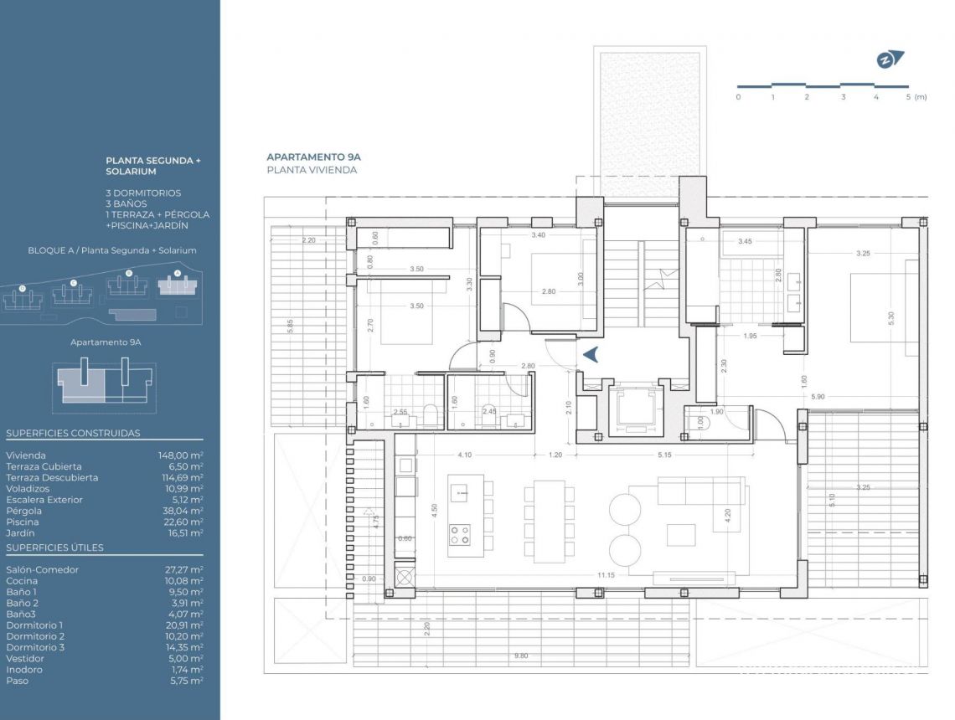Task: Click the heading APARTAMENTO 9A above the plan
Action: pos(313,157)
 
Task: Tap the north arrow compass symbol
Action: pos(890,59)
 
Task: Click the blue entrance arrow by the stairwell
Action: pos(591,355)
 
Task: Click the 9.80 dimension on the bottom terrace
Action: pos(521,656)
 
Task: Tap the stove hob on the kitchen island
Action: pos(459,534)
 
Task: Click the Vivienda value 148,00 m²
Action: pos(181,455)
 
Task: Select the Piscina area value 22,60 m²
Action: pos(183,522)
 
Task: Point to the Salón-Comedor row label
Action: pos(42,569)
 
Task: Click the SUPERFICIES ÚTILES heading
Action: pos(54,548)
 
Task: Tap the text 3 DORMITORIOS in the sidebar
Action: pos(143,193)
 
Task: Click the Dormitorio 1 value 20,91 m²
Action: pos(183,625)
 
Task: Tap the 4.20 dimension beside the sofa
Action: pos(727,514)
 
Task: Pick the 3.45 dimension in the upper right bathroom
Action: pos(744,242)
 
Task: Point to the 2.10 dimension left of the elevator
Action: pos(568,408)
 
